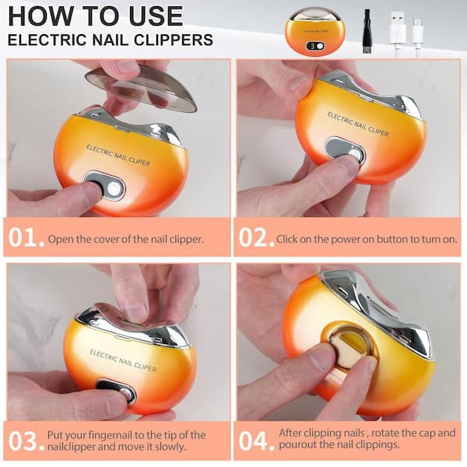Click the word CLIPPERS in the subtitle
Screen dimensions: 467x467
click(x=174, y=40)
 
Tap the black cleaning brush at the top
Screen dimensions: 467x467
click(x=367, y=31)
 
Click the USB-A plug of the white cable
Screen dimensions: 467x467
click(x=398, y=26)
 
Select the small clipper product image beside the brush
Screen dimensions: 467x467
click(x=315, y=32)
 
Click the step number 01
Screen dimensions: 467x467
click(x=26, y=237)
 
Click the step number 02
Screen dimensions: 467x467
click(x=256, y=237)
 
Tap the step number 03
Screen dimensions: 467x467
click(x=26, y=441)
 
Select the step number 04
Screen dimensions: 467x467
click(x=256, y=441)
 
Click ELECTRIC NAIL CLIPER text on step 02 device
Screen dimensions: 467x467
click(x=358, y=125)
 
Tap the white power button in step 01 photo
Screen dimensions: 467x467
click(x=113, y=188)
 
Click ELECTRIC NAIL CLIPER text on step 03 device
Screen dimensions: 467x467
click(x=123, y=360)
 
